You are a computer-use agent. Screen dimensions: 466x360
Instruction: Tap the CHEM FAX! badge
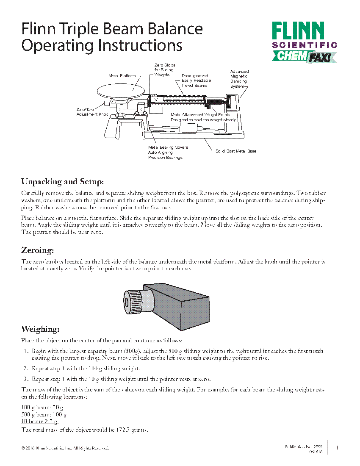(304, 56)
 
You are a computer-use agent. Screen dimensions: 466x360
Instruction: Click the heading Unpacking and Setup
(62, 182)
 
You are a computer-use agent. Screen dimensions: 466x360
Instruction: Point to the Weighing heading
(40, 329)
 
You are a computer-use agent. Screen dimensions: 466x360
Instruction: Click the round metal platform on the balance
(122, 90)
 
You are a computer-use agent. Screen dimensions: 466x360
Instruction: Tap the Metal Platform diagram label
(122, 76)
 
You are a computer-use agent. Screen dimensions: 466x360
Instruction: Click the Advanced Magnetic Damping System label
(239, 79)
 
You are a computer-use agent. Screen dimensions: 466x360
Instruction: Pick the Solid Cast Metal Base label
(235, 151)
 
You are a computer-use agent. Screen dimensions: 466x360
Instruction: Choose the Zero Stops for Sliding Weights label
(164, 70)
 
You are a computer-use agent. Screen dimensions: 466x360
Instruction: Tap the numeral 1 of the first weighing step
(26, 351)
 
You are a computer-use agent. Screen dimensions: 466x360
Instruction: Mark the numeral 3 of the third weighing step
(26, 379)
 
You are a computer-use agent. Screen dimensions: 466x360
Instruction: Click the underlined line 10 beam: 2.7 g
(39, 422)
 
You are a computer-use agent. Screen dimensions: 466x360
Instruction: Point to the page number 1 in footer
(337, 448)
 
